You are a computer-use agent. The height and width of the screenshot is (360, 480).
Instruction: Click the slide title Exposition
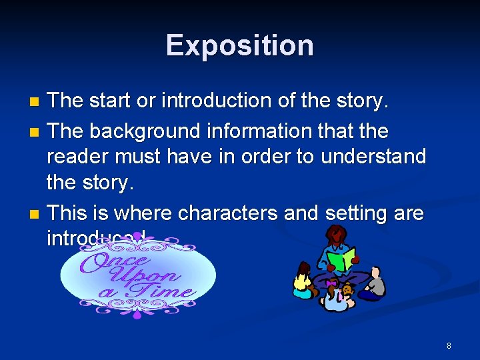click(240, 45)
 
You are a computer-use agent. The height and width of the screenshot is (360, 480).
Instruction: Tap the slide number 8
click(449, 345)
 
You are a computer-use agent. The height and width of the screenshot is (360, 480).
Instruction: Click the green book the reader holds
click(340, 259)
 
